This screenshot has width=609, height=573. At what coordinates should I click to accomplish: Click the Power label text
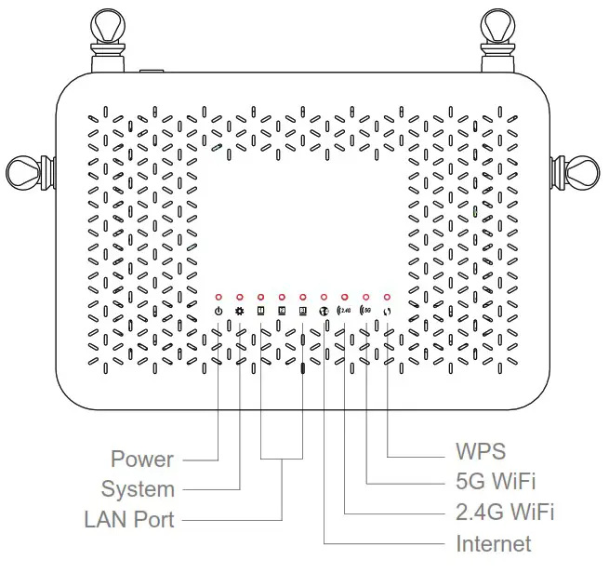(141, 459)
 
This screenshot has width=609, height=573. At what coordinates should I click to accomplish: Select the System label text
(138, 489)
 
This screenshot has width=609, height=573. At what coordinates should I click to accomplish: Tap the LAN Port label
(129, 519)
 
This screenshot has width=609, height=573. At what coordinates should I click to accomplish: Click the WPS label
(481, 452)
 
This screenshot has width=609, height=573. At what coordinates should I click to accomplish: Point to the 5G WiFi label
(496, 482)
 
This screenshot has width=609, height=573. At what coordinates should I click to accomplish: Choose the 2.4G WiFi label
(506, 513)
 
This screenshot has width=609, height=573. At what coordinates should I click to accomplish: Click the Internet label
(494, 543)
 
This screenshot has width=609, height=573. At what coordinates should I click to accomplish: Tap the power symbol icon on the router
(218, 311)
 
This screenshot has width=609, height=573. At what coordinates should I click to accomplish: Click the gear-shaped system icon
(239, 311)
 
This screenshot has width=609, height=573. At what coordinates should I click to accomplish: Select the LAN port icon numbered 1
(260, 311)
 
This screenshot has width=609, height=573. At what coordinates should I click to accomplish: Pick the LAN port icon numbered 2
(282, 311)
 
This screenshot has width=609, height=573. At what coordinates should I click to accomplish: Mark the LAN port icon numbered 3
(303, 311)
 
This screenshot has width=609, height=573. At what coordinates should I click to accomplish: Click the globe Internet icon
(324, 311)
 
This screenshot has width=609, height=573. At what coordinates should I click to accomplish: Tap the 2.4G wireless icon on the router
(345, 311)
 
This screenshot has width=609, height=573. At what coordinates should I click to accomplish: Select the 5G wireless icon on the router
(366, 311)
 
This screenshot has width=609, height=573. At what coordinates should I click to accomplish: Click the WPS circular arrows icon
(388, 311)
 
